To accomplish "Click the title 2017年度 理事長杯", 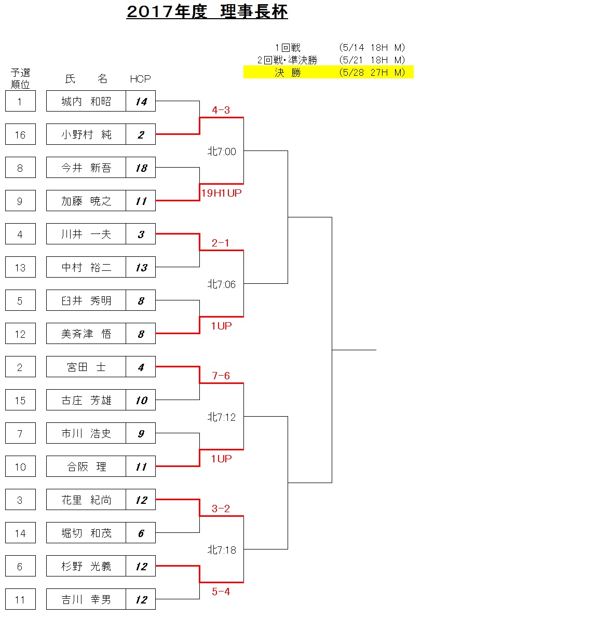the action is [x=207, y=12].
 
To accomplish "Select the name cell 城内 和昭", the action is [x=86, y=101].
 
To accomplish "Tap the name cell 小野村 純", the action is [x=86, y=134].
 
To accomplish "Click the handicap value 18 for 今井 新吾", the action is [x=141, y=168].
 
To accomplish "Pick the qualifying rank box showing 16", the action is [x=20, y=134].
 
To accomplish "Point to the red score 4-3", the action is [x=221, y=110].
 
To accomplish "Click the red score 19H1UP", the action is [x=222, y=193].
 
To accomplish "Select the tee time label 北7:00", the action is [x=222, y=152].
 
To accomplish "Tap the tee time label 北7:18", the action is [x=222, y=550].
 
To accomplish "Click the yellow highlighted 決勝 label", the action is [x=288, y=73].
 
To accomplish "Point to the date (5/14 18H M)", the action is [x=372, y=48].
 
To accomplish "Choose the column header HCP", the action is [x=140, y=79].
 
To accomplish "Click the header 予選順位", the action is [x=20, y=78].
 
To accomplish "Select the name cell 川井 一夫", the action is [x=86, y=234].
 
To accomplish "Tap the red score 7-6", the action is [x=221, y=376].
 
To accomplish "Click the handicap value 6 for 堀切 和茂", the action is [x=141, y=533].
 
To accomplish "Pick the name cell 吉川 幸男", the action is [x=86, y=599].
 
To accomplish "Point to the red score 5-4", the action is [x=221, y=592].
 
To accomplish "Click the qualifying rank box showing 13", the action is [x=20, y=267].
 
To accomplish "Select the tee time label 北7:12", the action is [x=222, y=417].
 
